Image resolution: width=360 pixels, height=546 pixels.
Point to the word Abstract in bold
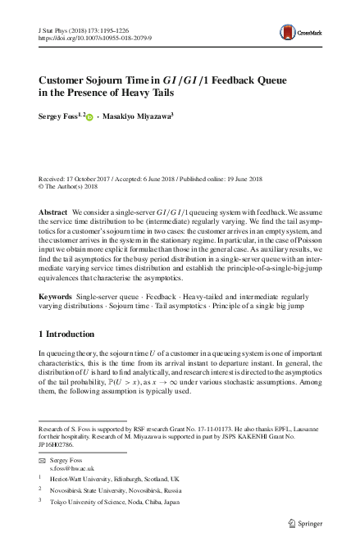[x=53, y=212]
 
